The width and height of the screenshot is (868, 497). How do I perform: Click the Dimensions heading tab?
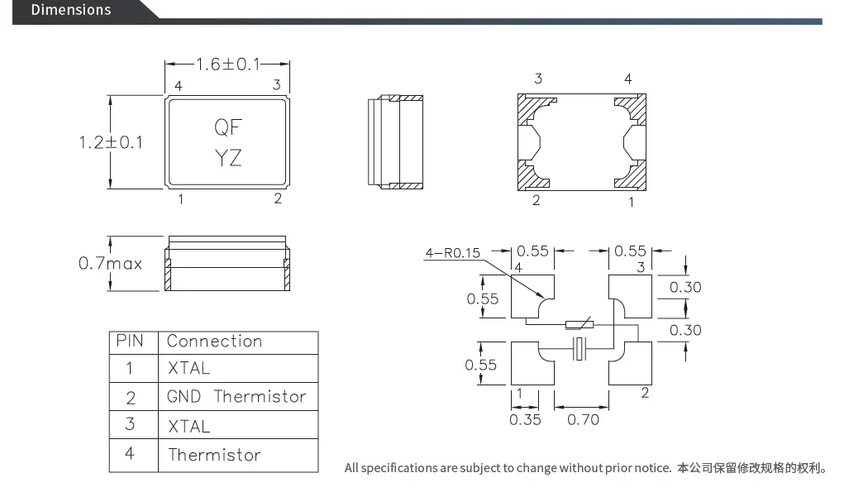[71, 10]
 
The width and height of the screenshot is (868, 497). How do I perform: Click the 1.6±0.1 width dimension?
[227, 64]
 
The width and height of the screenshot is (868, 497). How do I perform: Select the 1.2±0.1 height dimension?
[111, 142]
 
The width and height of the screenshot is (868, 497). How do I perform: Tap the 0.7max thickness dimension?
[110, 264]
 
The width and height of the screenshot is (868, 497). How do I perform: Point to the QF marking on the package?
[228, 127]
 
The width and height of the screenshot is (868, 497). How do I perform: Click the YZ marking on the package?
[228, 157]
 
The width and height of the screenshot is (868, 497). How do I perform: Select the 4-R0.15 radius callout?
[451, 253]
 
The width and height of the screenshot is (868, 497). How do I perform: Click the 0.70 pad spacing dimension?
[583, 419]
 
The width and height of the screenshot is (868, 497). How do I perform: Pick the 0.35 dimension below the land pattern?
[525, 419]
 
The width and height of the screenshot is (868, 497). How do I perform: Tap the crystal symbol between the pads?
[581, 350]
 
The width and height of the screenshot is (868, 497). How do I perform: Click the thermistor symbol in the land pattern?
[578, 324]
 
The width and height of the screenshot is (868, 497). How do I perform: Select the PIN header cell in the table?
[130, 341]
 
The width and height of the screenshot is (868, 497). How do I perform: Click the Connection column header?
[214, 341]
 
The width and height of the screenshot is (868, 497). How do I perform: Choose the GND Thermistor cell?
[236, 397]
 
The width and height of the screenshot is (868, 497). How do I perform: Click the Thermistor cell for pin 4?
[214, 455]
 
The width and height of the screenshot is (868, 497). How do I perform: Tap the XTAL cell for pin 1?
[188, 368]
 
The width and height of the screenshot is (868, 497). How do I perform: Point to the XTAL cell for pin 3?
[188, 426]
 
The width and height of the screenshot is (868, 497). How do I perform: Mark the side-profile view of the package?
[395, 141]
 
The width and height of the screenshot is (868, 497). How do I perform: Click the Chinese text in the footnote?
[751, 468]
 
